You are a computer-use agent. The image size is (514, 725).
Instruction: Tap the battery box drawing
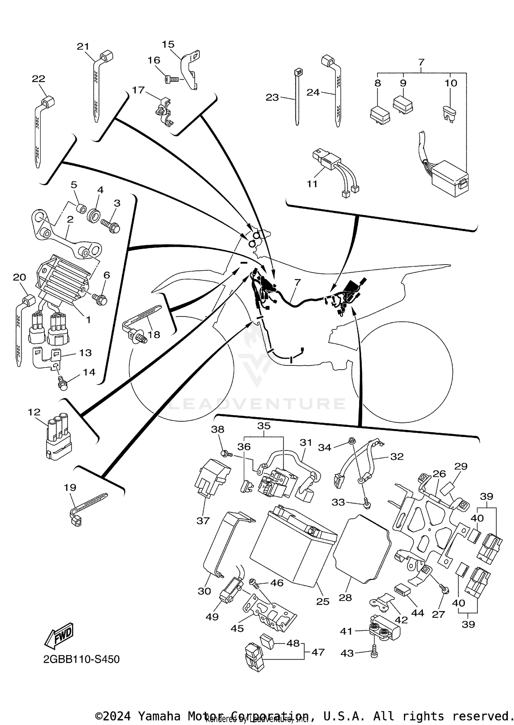click(293, 545)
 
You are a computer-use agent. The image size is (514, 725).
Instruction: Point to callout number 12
click(34, 412)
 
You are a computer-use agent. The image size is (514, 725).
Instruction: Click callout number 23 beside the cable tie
click(272, 98)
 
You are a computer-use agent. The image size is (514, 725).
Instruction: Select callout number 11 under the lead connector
click(312, 184)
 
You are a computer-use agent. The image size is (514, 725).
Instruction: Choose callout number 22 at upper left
click(38, 79)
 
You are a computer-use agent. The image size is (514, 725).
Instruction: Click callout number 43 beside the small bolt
click(347, 653)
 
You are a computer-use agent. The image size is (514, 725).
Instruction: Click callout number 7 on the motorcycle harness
click(297, 282)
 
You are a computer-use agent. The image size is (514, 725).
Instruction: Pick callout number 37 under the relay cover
click(203, 521)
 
